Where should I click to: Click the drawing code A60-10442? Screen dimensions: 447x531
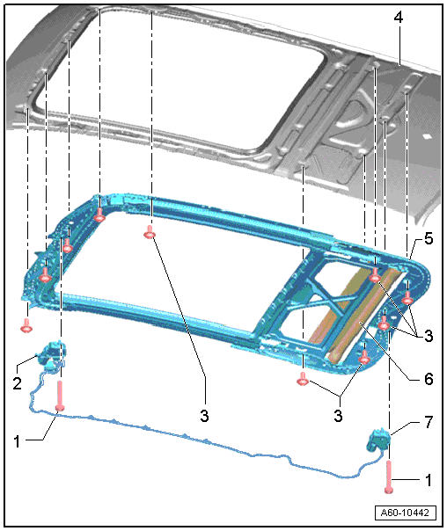point(405,513)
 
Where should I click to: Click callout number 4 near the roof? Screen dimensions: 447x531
point(399,18)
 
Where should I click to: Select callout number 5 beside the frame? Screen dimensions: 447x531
point(429,239)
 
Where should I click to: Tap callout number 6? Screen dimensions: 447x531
point(429,379)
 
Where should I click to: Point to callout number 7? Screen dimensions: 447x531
point(429,422)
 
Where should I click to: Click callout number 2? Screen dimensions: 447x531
point(18,383)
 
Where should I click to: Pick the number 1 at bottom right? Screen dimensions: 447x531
point(429,480)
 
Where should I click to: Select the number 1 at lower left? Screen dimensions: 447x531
point(17,441)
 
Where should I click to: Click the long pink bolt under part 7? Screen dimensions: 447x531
point(389,476)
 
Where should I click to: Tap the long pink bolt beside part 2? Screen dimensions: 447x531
point(60,396)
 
